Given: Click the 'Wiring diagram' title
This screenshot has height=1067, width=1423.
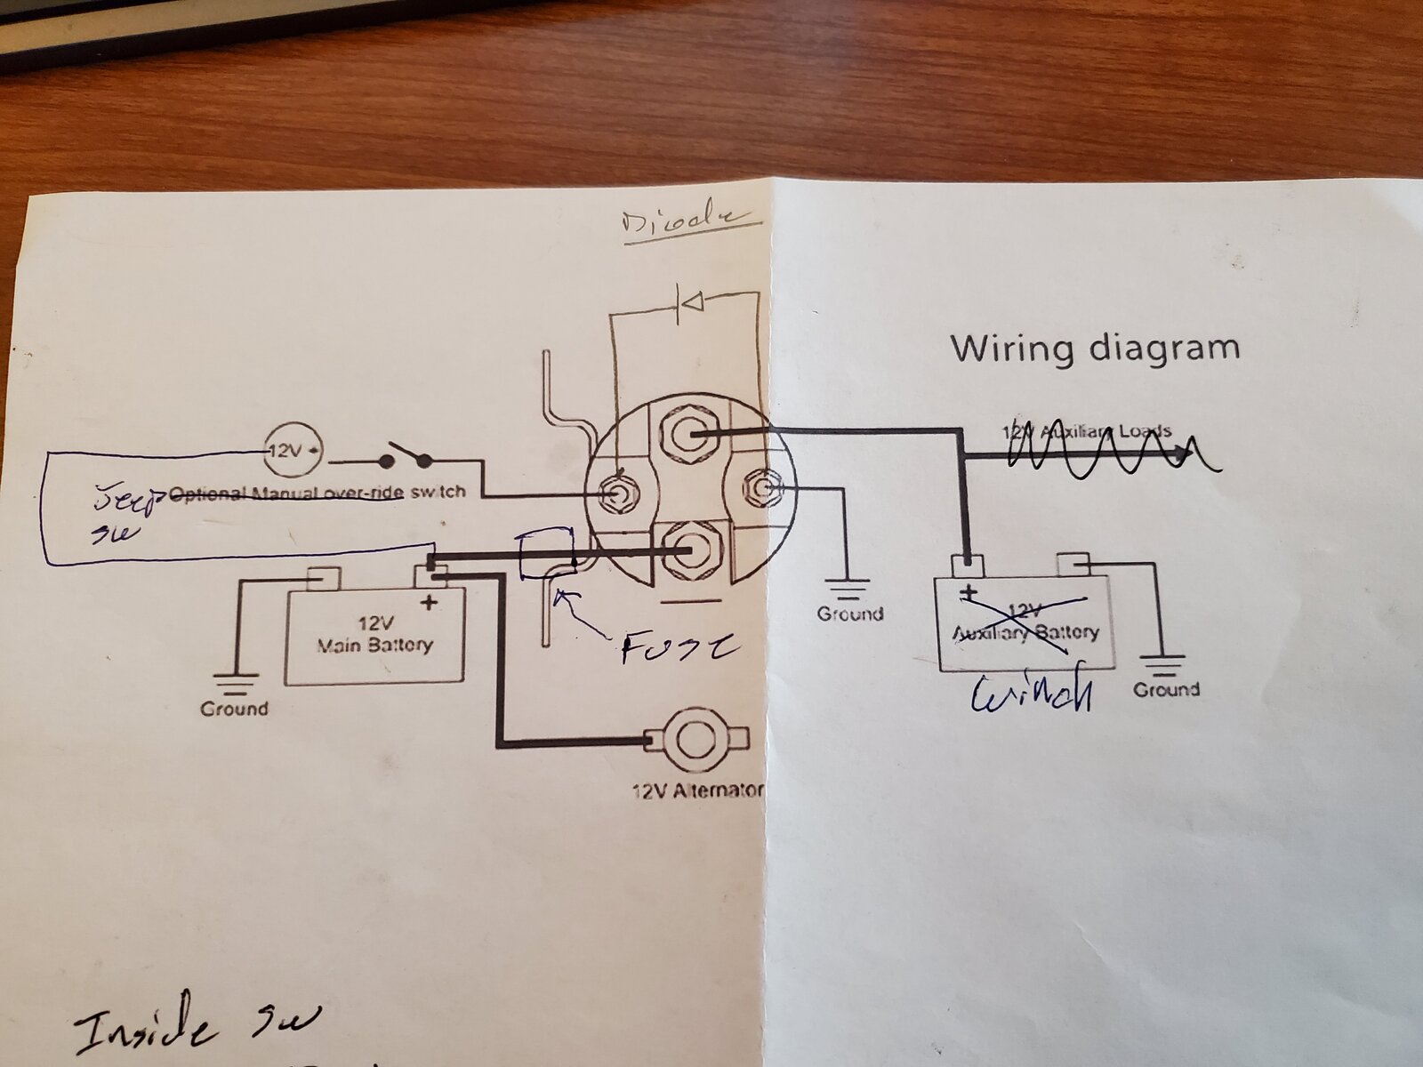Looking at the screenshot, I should pos(1095,347).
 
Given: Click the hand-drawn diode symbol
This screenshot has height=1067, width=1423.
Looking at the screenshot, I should pos(688,304).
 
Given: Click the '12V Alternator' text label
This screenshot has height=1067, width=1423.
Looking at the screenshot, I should pos(698,790).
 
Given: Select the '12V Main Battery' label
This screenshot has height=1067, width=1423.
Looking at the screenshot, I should pos(374,632).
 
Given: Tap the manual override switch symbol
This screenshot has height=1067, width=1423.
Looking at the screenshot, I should pos(405,460).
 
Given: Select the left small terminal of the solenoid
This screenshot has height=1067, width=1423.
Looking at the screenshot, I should pos(617,492).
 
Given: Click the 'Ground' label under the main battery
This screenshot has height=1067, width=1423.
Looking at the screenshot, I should pos(234,709).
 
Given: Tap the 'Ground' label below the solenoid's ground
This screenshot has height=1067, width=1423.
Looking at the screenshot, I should pos(850,614).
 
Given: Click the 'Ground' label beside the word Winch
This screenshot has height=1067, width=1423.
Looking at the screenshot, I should pos(1166,689).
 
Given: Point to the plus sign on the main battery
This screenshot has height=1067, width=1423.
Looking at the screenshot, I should pos(430,602).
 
